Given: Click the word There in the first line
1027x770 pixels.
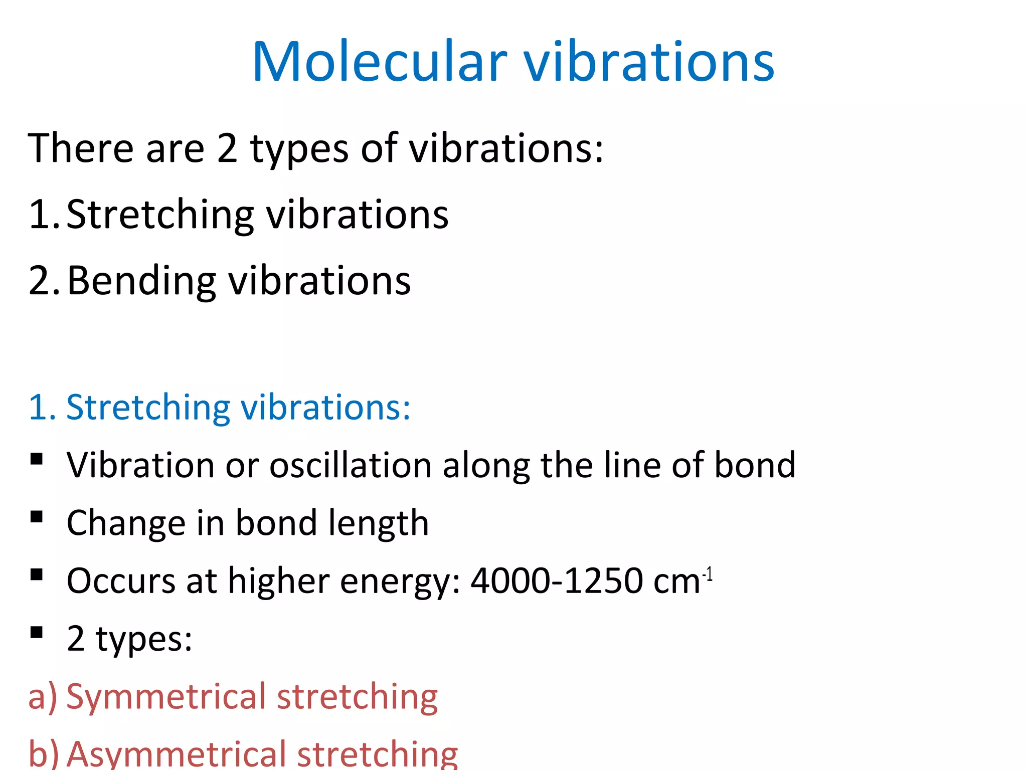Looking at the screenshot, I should click(80, 148).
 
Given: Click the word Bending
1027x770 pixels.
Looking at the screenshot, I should click(142, 281).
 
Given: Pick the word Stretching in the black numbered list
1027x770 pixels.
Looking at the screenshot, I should click(160, 215).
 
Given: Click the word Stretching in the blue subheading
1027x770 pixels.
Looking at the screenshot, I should click(148, 408).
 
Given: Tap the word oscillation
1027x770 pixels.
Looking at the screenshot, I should click(350, 465).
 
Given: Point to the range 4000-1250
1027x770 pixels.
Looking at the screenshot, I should click(557, 581).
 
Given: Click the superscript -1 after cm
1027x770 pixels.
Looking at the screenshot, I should click(708, 573).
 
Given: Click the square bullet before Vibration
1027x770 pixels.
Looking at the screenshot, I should click(36, 459).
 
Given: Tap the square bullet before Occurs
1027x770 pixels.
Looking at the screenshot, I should click(36, 574).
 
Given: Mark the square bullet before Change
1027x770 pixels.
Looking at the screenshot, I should click(36, 517).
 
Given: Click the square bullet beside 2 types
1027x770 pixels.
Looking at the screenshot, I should click(36, 632).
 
